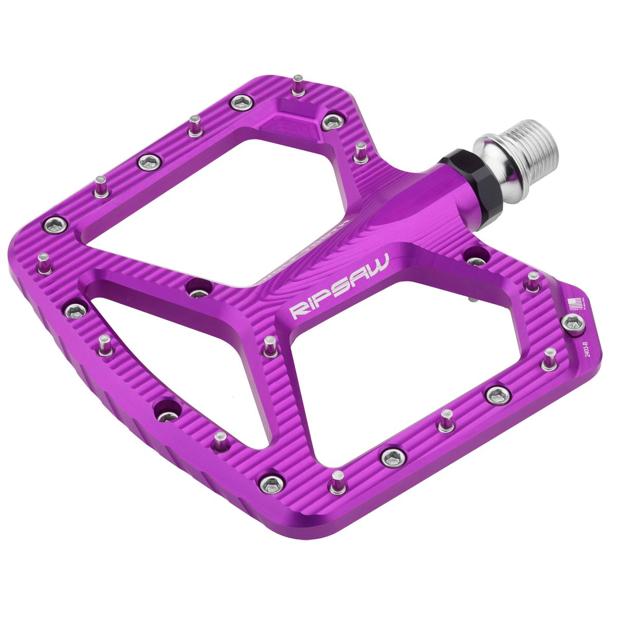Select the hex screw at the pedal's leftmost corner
[x=53, y=224]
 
